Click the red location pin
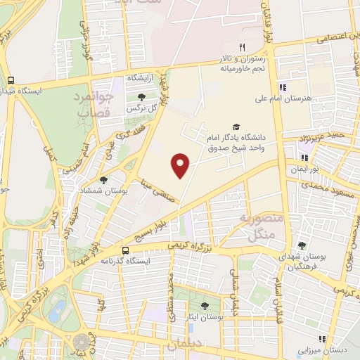coord(181,166)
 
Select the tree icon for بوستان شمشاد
coord(104,180)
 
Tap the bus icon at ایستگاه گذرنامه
coord(125,250)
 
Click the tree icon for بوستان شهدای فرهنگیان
coord(302,245)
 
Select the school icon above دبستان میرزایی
coord(323,337)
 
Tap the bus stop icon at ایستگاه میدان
coord(11,80)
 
